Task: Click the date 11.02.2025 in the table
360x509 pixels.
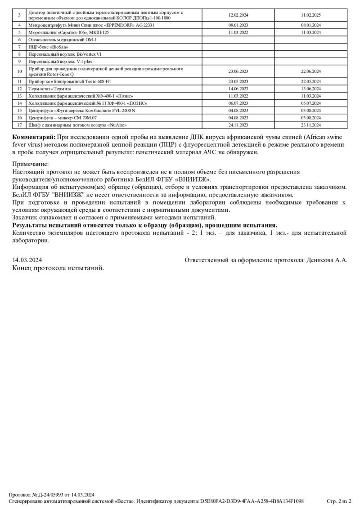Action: pos(310,15)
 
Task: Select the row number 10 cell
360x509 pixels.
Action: pos(19,71)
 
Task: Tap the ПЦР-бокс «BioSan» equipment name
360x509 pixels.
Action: pos(45,47)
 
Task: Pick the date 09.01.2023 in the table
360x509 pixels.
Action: pos(238,25)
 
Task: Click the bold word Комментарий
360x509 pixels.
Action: pos(34,137)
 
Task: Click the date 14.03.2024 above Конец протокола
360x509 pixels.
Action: pos(27,260)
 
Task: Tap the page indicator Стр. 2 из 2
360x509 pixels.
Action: pos(338,501)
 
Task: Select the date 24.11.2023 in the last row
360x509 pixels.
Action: pos(238,125)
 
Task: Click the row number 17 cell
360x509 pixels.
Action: pos(19,125)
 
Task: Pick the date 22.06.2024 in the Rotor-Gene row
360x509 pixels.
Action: pos(310,71)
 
